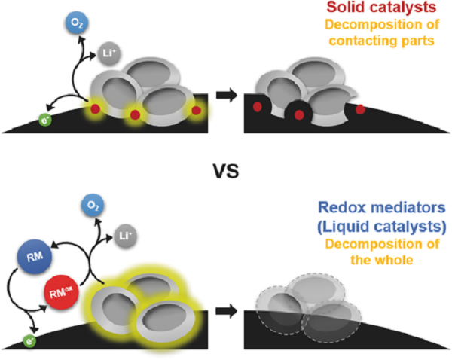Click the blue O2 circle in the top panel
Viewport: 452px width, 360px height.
point(77,23)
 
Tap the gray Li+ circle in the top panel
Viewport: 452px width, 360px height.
point(108,53)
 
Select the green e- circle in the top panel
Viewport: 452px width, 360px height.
point(45,121)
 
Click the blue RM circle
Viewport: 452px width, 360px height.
point(35,256)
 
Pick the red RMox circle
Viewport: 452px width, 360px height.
point(62,292)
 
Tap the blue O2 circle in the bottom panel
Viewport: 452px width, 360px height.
point(93,205)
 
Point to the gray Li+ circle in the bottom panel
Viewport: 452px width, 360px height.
point(125,236)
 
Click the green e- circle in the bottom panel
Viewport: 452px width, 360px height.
point(29,341)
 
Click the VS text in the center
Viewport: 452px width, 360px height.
point(226,171)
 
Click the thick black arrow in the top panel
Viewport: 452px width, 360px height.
point(227,95)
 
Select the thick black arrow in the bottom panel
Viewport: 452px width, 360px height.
point(227,311)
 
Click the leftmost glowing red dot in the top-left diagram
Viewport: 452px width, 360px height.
point(96,109)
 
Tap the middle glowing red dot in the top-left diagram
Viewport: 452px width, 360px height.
point(135,114)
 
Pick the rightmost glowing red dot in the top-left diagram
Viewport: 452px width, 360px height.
point(197,111)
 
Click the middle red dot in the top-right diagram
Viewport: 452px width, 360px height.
point(299,114)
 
